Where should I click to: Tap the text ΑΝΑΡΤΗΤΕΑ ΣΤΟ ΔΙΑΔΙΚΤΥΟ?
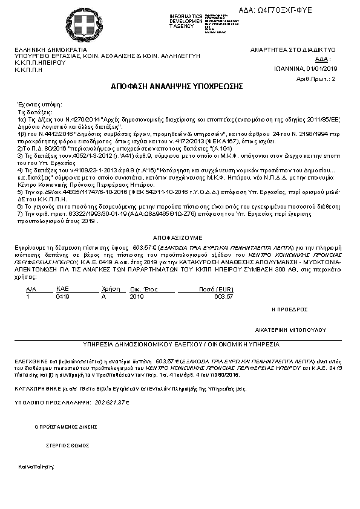tap(293, 50)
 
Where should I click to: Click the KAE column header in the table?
tap(62, 290)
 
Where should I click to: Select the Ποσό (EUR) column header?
tap(215, 290)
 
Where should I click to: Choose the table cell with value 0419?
tap(62, 297)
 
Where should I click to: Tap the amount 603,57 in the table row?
tap(223, 297)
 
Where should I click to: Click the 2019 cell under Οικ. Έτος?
tap(137, 297)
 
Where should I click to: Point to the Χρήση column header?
tap(109, 290)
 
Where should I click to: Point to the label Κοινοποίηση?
tap(36, 467)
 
